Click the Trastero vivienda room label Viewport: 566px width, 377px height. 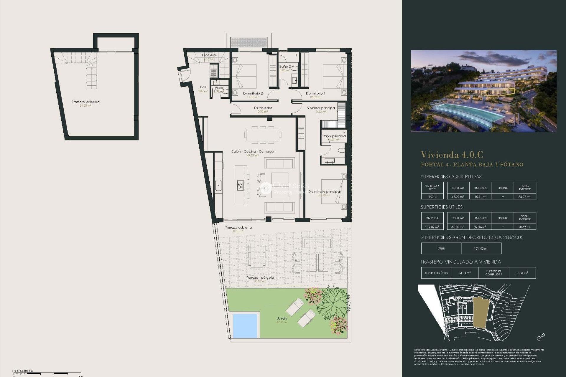86,102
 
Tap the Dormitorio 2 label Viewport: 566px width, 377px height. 253,93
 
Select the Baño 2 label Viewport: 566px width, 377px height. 285,67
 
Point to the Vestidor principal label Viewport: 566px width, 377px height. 321,108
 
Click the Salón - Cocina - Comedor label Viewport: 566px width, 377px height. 253,151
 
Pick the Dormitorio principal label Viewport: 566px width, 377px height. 324,191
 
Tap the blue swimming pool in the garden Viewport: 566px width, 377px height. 245,325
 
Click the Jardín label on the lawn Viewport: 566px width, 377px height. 282,318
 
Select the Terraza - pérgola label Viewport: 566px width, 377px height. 260,277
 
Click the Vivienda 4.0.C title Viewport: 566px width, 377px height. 452,155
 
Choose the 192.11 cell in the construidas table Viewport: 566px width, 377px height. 432,196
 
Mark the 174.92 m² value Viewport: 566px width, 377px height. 481,249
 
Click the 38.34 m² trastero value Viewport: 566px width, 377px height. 522,273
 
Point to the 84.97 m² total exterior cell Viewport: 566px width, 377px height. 524,196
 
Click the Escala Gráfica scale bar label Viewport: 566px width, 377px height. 23,371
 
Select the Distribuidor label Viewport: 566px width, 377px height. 263,108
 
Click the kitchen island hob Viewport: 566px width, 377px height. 240,185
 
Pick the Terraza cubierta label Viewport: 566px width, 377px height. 238,227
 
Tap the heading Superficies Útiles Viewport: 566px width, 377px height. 441,207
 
